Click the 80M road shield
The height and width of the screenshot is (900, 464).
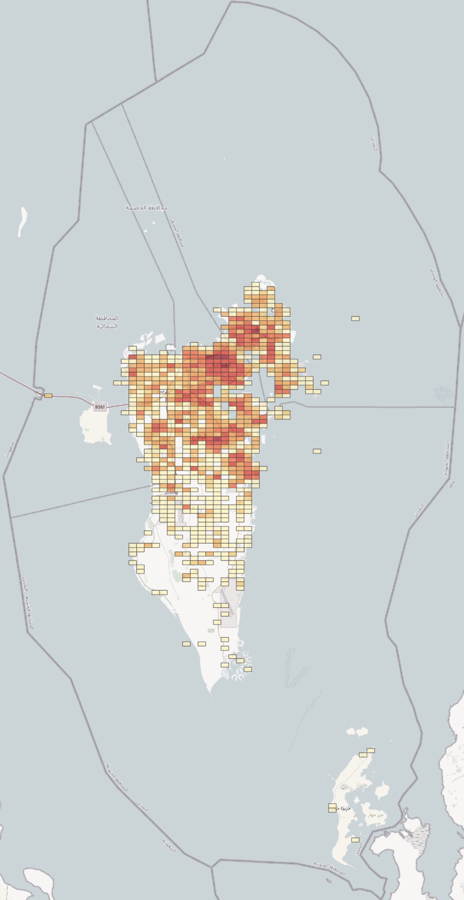100,407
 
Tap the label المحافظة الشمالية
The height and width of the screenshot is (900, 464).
107,322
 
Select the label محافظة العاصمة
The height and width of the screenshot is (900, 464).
147,208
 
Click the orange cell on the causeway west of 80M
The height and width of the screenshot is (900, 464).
48,396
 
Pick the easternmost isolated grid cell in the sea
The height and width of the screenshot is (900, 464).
355,319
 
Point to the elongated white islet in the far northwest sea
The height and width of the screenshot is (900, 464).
23,221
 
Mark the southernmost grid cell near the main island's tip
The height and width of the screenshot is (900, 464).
248,669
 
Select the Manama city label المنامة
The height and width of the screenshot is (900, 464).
223,365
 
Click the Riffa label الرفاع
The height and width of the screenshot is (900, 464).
200,438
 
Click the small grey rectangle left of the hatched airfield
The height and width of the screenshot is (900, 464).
211,630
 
